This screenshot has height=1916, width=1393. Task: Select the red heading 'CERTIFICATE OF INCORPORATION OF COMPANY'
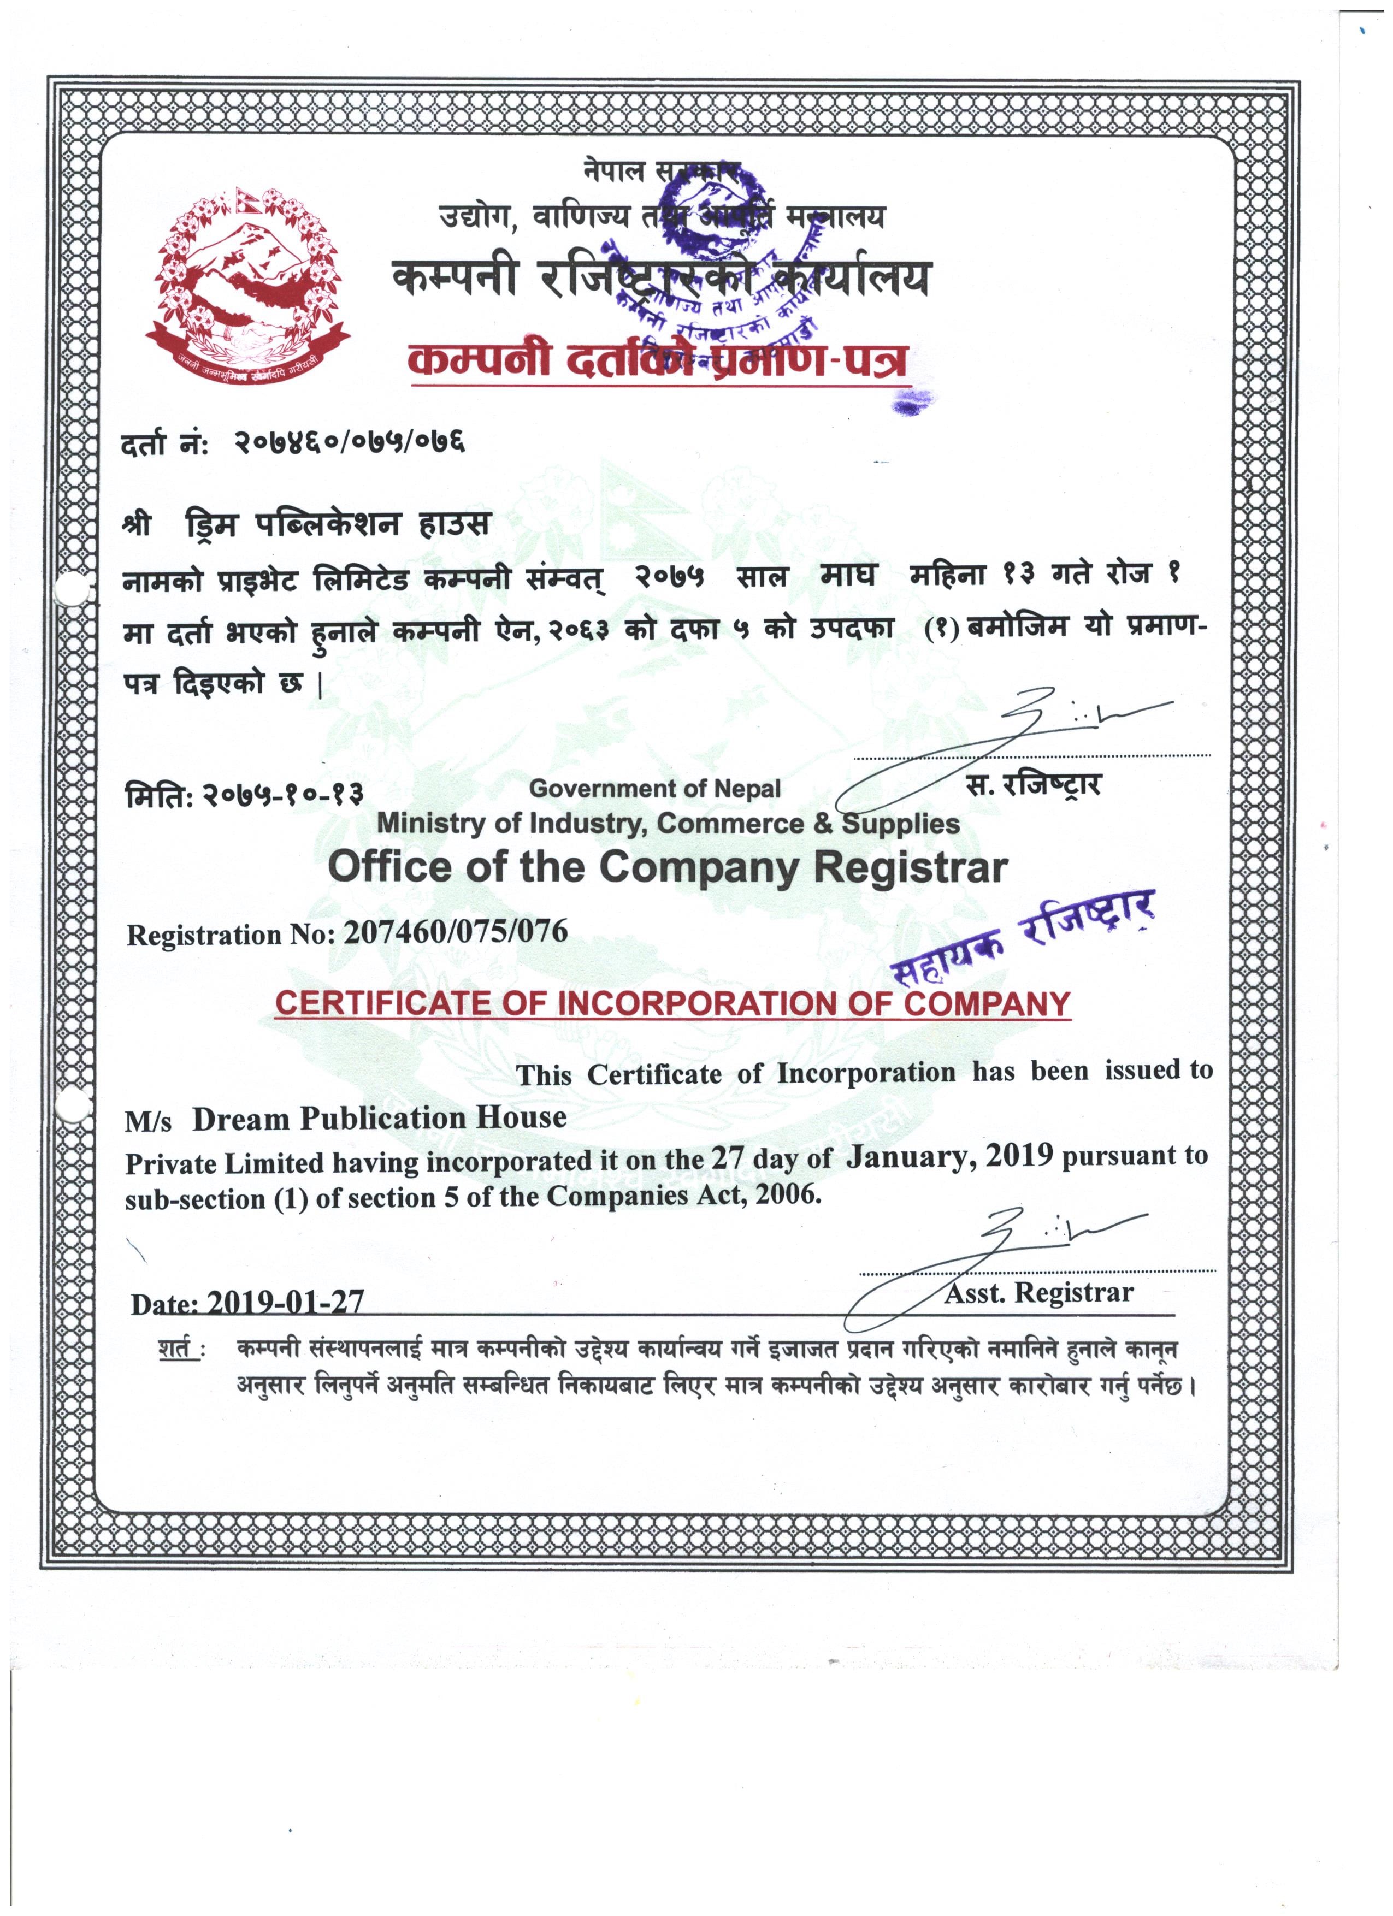pos(672,1004)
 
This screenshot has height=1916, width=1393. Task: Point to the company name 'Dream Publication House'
pos(379,1119)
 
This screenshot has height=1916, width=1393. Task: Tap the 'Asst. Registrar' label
pos(1038,1293)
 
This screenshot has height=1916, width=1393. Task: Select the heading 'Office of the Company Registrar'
pos(668,867)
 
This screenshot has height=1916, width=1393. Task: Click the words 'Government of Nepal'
pos(654,789)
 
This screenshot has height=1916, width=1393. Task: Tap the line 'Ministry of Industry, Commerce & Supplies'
pos(668,824)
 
